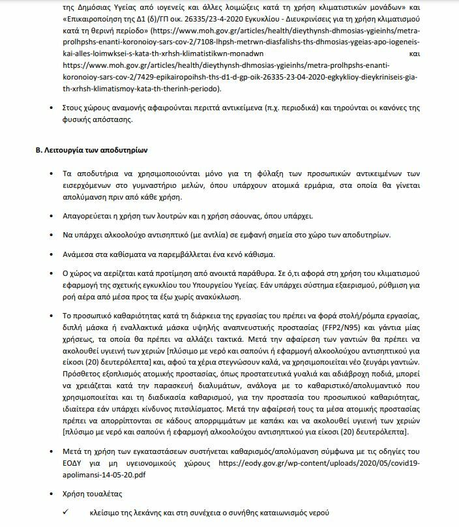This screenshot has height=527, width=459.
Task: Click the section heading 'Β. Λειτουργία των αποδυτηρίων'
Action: (91, 151)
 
